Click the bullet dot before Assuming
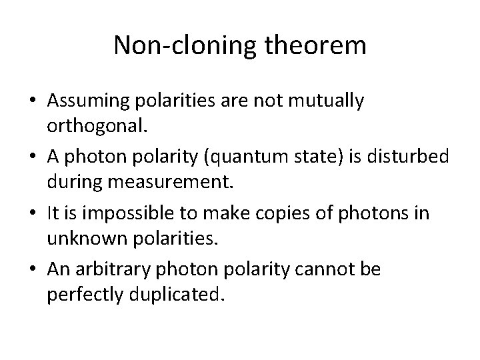pos(32,101)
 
